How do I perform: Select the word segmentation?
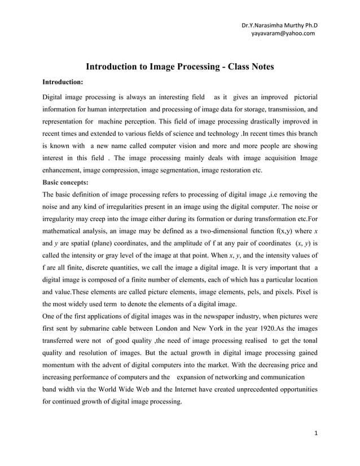[178, 170]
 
